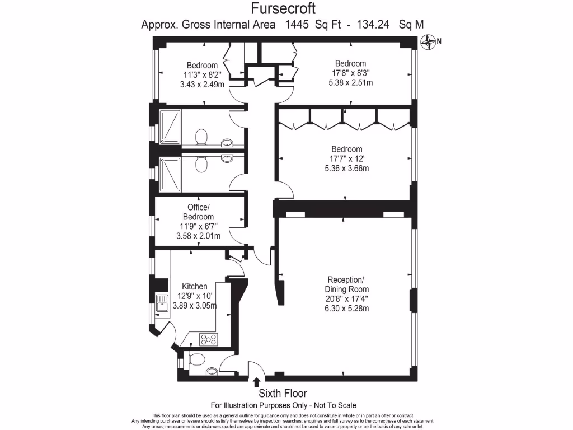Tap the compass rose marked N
(x=429, y=41)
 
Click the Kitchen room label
(x=194, y=286)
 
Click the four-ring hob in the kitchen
(x=209, y=339)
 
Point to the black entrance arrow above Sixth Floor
(x=256, y=382)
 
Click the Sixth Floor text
(x=282, y=394)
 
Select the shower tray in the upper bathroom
(x=170, y=127)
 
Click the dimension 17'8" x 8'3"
(x=350, y=73)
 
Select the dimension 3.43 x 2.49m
(x=202, y=84)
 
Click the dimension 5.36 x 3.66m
(x=346, y=168)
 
